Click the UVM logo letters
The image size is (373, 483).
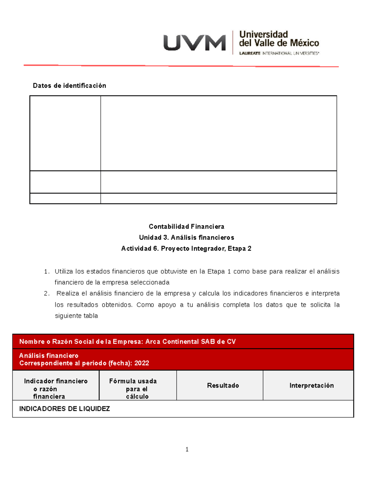click(195, 43)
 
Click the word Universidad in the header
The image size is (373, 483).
click(263, 34)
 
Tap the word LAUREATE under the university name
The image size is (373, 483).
click(250, 53)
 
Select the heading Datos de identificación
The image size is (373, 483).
click(69, 86)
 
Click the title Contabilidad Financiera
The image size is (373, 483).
click(186, 226)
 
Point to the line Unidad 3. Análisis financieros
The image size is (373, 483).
click(186, 238)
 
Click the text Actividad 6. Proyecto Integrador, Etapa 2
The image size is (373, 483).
click(186, 248)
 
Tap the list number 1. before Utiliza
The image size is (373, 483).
click(47, 272)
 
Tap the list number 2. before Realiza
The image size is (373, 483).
click(47, 294)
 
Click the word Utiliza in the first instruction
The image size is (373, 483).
click(64, 272)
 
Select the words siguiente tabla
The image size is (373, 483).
click(76, 316)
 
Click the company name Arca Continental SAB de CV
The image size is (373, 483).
click(190, 341)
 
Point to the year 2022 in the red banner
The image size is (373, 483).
click(142, 363)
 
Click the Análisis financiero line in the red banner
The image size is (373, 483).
click(49, 355)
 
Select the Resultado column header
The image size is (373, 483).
click(223, 385)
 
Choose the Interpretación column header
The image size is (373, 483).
click(311, 385)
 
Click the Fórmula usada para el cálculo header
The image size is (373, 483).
click(133, 388)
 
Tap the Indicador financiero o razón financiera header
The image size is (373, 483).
click(56, 388)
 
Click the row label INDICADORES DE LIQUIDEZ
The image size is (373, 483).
click(65, 409)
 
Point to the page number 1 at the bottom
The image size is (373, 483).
click(187, 449)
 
